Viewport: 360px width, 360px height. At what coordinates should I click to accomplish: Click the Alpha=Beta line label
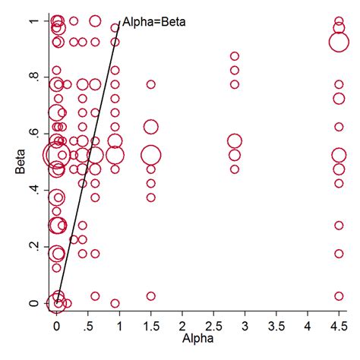(x=153, y=22)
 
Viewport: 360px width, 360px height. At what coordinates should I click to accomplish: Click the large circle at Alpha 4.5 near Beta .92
(x=339, y=40)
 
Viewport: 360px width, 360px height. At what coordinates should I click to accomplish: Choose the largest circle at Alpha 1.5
(x=150, y=155)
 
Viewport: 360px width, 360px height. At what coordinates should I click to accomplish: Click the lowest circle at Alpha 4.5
(x=339, y=296)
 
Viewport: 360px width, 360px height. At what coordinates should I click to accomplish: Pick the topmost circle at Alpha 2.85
(x=235, y=56)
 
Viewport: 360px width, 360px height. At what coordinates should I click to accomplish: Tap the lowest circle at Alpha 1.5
(x=150, y=296)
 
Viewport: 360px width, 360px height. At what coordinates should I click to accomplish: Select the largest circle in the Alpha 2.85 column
(x=235, y=141)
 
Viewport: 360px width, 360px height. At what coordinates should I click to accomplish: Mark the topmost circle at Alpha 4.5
(x=339, y=21)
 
